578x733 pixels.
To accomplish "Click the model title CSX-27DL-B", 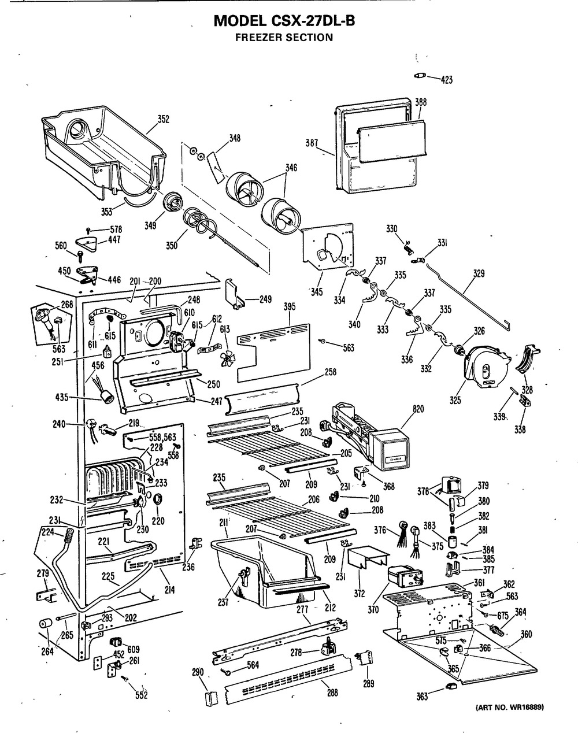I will point(284,22).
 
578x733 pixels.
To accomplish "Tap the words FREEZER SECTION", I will point(284,38).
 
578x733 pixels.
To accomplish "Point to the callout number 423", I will point(446,80).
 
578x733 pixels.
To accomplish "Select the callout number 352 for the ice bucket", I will point(164,120).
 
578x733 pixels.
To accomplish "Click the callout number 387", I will point(312,143).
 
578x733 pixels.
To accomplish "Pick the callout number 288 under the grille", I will point(332,693).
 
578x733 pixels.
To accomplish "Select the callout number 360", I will point(526,634).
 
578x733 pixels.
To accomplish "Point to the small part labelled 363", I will point(449,686).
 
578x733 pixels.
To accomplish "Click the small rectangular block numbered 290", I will point(209,697).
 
